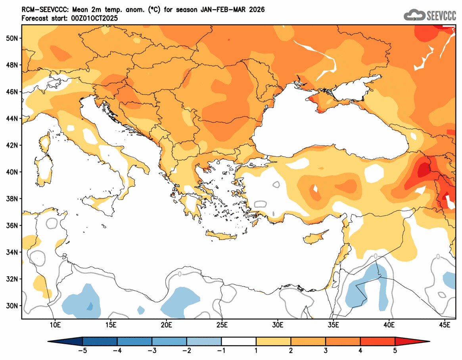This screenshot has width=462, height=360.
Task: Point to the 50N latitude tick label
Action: click(12, 38)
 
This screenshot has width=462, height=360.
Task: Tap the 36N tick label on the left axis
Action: click(12, 225)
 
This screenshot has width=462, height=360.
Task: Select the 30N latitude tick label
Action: click(12, 306)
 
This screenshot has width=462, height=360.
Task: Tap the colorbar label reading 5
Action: click(395, 350)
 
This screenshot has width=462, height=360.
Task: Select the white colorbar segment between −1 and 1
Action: click(238, 341)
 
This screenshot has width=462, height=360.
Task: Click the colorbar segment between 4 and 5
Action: click(378, 341)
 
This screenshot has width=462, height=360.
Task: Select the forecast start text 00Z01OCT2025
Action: click(94, 18)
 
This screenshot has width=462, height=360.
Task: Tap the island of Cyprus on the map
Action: click(315, 238)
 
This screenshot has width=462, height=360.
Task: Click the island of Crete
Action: click(222, 237)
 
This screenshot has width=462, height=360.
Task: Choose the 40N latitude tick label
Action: click(12, 172)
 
